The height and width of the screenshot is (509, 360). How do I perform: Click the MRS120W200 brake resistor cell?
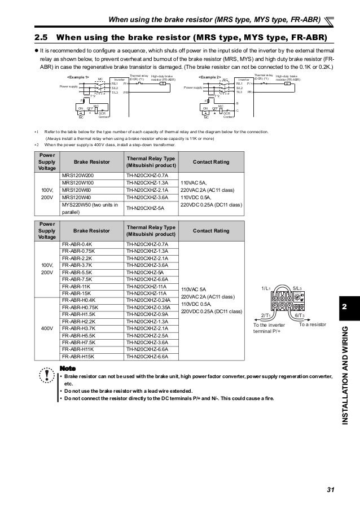tap(78, 176)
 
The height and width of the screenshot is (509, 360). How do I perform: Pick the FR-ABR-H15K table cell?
tap(78, 357)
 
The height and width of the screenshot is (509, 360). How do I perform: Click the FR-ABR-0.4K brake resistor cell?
tap(78, 244)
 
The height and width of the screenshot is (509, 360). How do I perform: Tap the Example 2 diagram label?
tap(210, 75)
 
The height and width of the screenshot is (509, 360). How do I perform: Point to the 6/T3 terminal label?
tap(302, 317)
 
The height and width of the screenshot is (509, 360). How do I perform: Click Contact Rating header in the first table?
tap(211, 161)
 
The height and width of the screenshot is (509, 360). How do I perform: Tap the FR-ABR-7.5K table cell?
tap(78, 279)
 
